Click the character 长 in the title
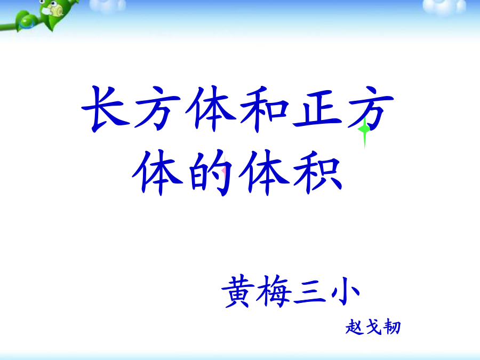tap(106, 109)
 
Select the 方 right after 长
tap(157, 109)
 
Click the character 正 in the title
tap(317, 108)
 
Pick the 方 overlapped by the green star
tap(371, 109)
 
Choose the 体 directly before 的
tap(157, 172)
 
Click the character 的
tap(211, 172)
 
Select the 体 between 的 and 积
tap(264, 172)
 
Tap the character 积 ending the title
tap(318, 172)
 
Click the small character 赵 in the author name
tap(355, 327)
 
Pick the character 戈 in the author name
tap(373, 327)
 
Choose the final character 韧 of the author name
tap(392, 327)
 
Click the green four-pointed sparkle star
tap(364, 130)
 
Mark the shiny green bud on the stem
tap(28, 22)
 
